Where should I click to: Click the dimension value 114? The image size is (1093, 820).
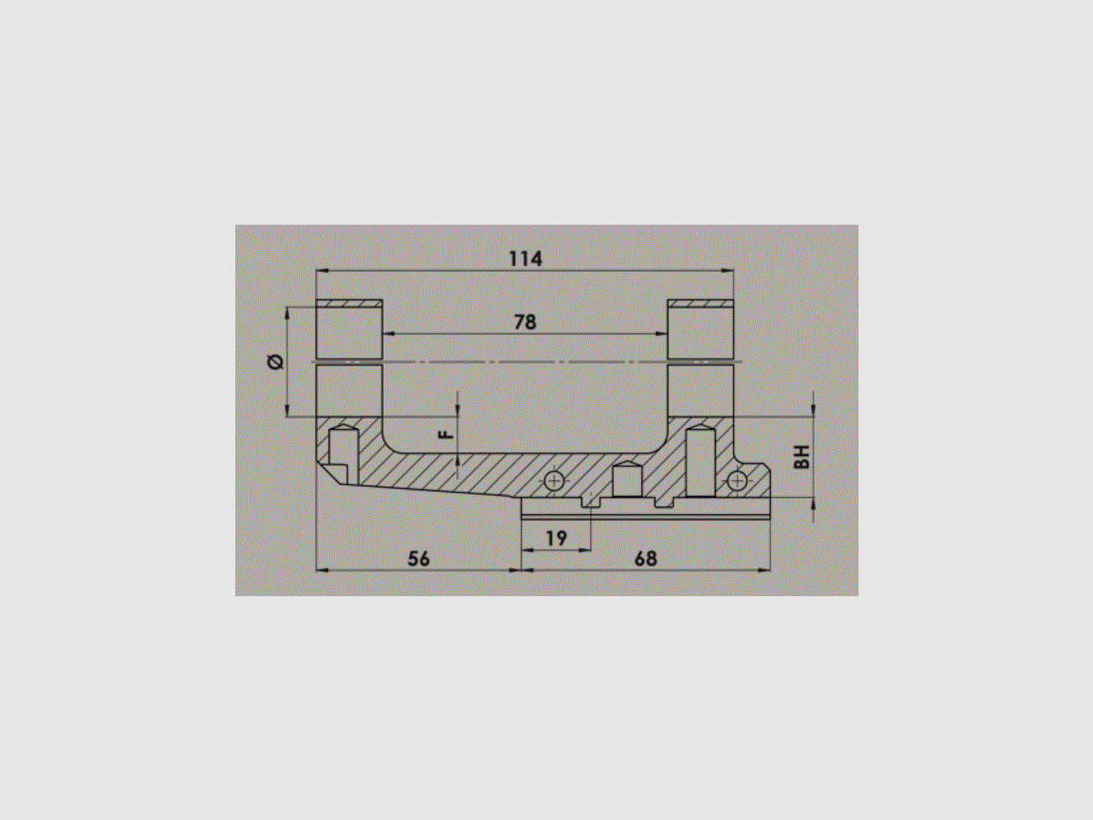pyautogui.click(x=526, y=259)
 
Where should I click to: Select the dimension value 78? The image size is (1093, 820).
pyautogui.click(x=525, y=322)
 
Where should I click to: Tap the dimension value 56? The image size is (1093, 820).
pyautogui.click(x=418, y=559)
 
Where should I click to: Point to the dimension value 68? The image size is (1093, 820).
pyautogui.click(x=645, y=559)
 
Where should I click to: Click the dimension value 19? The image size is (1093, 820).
pyautogui.click(x=556, y=539)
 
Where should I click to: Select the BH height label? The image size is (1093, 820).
pyautogui.click(x=803, y=457)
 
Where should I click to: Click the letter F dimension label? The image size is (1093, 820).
pyautogui.click(x=446, y=435)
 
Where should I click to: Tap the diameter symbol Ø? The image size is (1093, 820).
pyautogui.click(x=276, y=362)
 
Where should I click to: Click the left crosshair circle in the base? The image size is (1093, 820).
pyautogui.click(x=555, y=481)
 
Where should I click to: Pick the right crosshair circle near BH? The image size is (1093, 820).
pyautogui.click(x=737, y=480)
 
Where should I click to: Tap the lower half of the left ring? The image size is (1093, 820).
pyautogui.click(x=349, y=391)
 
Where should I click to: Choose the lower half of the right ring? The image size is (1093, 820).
pyautogui.click(x=700, y=391)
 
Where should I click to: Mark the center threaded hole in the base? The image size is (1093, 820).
pyautogui.click(x=626, y=479)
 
